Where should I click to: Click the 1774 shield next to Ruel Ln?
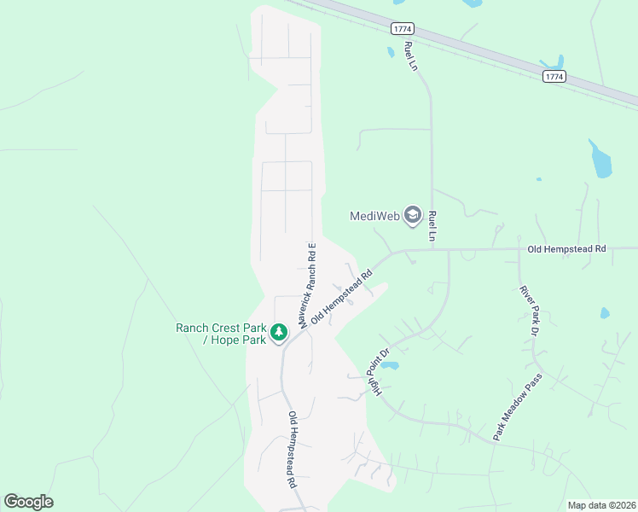coord(403,29)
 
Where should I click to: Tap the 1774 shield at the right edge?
coord(554,77)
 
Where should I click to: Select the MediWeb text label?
coord(375,216)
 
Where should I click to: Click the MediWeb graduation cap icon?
coord(414,214)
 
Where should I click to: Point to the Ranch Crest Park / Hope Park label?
coord(222,334)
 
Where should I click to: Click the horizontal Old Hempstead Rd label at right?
coord(566,249)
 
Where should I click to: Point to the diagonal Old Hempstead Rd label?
coord(342,297)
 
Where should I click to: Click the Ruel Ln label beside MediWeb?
coord(433,225)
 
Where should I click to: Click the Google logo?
coord(28,502)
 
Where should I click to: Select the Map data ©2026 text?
coord(601,505)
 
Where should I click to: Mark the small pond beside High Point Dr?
coord(389,365)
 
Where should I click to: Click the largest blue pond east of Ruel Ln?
coord(600,159)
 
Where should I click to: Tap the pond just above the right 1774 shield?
coord(552,62)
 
